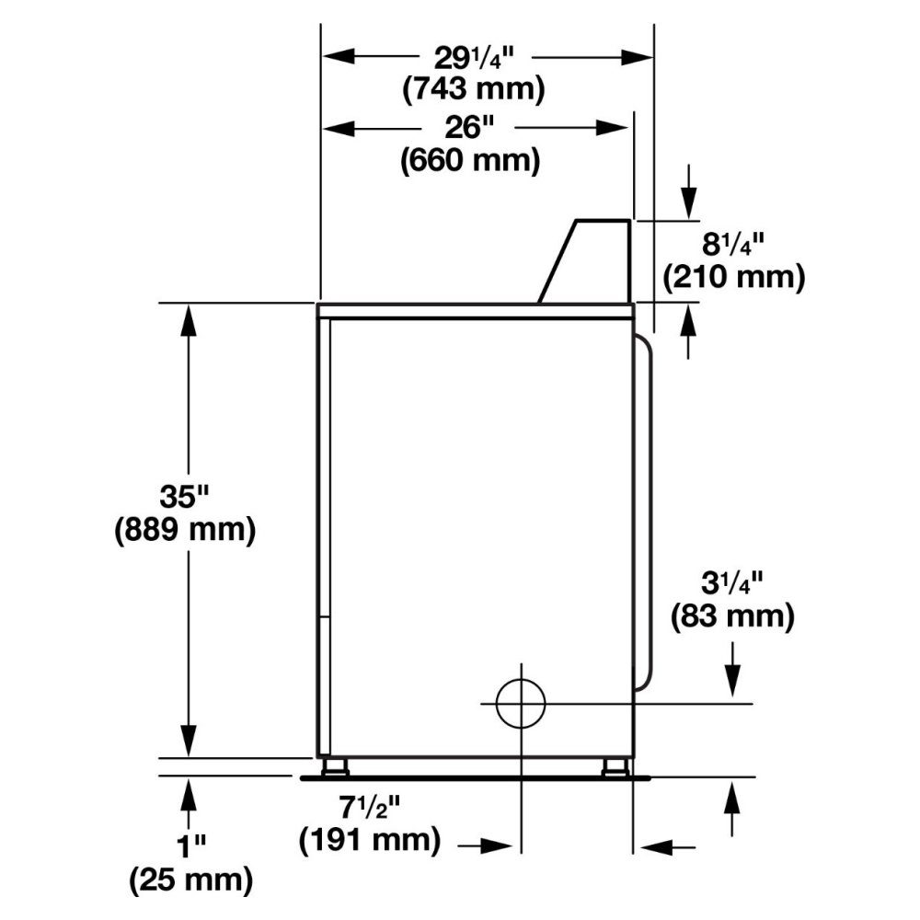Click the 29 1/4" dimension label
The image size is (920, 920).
tap(474, 58)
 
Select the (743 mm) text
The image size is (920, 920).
tap(474, 90)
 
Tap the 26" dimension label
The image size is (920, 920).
tap(469, 127)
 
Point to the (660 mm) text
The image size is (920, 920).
tap(470, 159)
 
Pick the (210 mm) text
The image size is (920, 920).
tap(734, 276)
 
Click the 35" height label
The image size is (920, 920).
tap(184, 497)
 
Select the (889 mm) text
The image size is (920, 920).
tap(185, 530)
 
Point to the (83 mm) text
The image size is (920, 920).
tap(733, 616)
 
